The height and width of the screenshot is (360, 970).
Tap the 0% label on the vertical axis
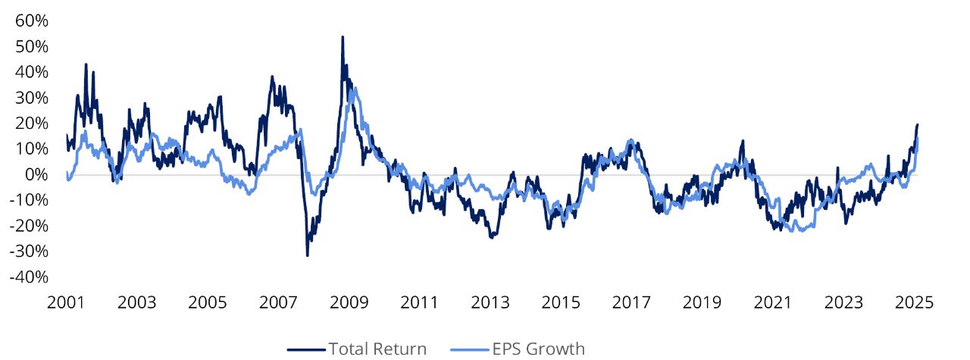click(36, 174)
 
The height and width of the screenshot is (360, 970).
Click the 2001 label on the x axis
click(66, 302)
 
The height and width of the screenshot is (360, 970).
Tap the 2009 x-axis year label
click(349, 302)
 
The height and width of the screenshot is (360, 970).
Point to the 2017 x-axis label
click(631, 302)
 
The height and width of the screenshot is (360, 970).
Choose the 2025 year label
click(914, 302)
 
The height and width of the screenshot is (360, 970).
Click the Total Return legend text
click(377, 349)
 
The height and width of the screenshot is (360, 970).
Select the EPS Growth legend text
click(538, 349)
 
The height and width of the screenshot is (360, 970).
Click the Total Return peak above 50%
click(343, 36)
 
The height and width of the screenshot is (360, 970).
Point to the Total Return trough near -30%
click(307, 255)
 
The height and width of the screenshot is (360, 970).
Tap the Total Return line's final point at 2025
click(918, 124)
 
